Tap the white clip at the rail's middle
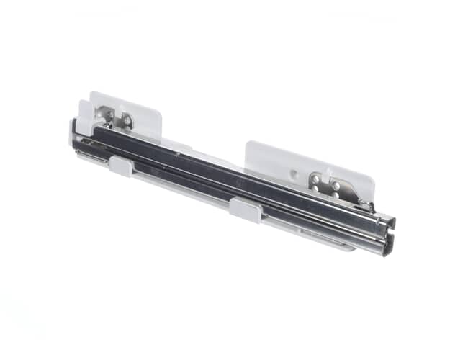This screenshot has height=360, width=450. pos(245,210)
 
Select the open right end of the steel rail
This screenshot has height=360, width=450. pos(387,235)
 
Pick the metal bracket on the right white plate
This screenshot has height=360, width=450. pos(334,189)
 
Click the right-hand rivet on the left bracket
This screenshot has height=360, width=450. pos(127,122)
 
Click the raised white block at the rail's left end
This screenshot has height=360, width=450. pos(83,126)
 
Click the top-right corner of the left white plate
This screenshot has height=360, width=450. pos(158,106)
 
